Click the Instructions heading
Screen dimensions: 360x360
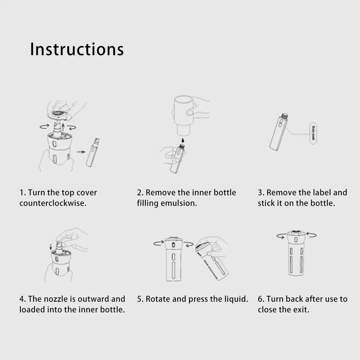pos(77,49)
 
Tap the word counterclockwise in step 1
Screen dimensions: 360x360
pos(53,203)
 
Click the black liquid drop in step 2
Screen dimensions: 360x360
pos(183,140)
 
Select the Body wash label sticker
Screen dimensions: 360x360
pos(313,133)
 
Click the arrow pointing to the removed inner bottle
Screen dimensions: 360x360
pos(81,152)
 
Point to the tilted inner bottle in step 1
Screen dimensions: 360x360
pos(93,152)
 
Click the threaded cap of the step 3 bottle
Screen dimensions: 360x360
pos(284,117)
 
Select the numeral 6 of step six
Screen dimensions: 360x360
pos(260,299)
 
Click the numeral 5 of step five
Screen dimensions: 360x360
pos(139,299)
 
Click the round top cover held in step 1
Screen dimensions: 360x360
pos(59,115)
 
